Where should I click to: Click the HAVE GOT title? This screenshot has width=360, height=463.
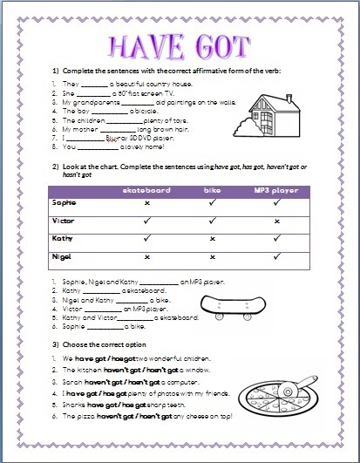pyautogui.click(x=180, y=44)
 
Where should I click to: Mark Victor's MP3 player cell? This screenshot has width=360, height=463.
pyautogui.click(x=276, y=221)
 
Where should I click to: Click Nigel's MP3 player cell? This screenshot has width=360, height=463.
pyautogui.click(x=276, y=257)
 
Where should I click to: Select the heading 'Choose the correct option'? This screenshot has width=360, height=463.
pyautogui.click(x=105, y=343)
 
